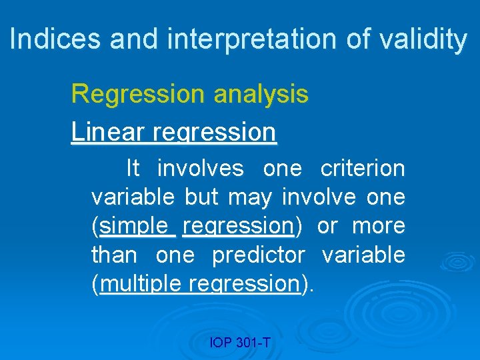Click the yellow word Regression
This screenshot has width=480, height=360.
pyautogui.click(x=139, y=94)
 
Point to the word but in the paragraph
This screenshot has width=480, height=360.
pyautogui.click(x=201, y=197)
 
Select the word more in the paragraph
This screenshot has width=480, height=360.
pyautogui.click(x=378, y=226)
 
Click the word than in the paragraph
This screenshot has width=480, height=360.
pyautogui.click(x=114, y=255)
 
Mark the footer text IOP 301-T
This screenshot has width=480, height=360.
pyautogui.click(x=240, y=343)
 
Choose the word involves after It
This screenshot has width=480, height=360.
pyautogui.click(x=201, y=169)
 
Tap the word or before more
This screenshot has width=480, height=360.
pyautogui.click(x=327, y=226)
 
